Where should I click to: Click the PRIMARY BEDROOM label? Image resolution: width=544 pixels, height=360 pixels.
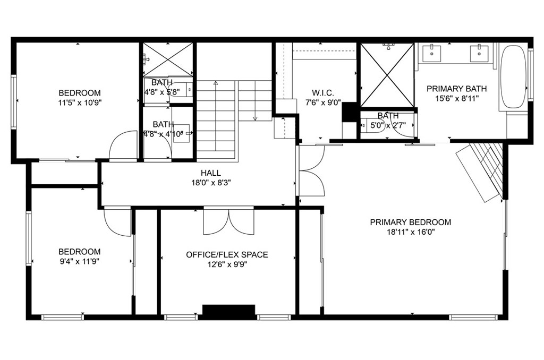pyautogui.click(x=410, y=222)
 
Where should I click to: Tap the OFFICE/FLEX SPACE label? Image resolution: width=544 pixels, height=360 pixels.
pyautogui.click(x=227, y=255)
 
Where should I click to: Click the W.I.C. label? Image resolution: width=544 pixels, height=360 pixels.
pyautogui.click(x=322, y=93)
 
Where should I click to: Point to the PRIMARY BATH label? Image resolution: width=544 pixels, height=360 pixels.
pyautogui.click(x=456, y=89)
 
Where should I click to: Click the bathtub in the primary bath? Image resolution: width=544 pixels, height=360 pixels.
pyautogui.click(x=513, y=78)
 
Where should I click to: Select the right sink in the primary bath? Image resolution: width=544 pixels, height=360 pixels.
pyautogui.click(x=480, y=52)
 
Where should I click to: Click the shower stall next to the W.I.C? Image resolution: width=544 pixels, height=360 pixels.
pyautogui.click(x=387, y=75)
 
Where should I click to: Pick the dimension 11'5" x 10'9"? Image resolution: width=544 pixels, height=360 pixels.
pyautogui.click(x=79, y=102)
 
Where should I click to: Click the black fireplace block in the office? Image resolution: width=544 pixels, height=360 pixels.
pyautogui.click(x=229, y=311)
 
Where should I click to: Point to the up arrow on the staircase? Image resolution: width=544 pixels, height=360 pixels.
pyautogui.click(x=216, y=84)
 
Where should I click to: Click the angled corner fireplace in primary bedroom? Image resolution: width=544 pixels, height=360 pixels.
pyautogui.click(x=481, y=170)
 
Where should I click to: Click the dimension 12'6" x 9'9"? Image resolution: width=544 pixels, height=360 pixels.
pyautogui.click(x=227, y=264)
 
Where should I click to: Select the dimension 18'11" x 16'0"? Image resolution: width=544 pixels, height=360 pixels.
pyautogui.click(x=410, y=232)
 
